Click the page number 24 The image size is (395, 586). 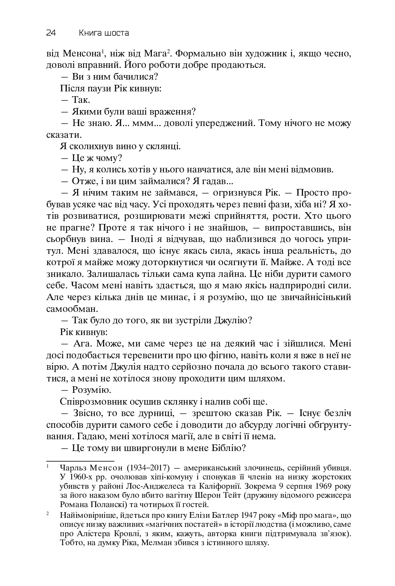click(x=51, y=33)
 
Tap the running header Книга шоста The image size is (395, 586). click(x=104, y=33)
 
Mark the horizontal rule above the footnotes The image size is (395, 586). click(x=80, y=461)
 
